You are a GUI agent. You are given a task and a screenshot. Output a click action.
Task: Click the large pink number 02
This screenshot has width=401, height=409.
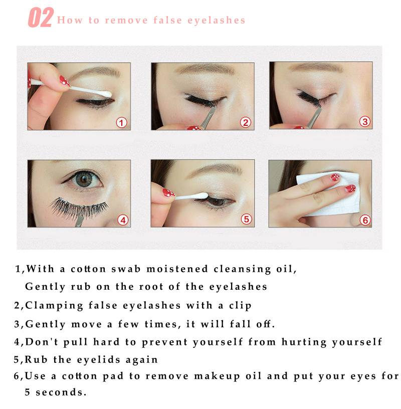click(41, 18)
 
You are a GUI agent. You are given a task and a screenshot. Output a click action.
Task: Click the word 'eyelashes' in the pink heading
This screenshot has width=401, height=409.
click(216, 21)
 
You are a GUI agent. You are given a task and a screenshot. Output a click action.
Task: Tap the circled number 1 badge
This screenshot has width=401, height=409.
click(121, 123)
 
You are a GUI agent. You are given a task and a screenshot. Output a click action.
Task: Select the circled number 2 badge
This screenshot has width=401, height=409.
click(246, 122)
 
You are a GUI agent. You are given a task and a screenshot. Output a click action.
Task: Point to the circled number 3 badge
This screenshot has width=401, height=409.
click(365, 122)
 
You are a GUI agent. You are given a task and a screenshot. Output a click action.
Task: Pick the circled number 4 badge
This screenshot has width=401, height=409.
click(123, 220)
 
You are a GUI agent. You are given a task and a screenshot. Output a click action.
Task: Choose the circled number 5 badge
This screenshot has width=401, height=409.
click(246, 219)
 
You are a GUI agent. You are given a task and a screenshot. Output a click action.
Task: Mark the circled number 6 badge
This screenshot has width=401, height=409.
click(365, 220)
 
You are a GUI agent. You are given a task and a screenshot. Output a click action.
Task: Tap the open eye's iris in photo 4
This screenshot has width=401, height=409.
click(84, 179)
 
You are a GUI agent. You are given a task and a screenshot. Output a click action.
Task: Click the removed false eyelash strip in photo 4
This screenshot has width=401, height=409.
click(79, 208)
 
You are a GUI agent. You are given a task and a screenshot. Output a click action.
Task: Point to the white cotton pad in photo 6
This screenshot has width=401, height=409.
click(329, 194)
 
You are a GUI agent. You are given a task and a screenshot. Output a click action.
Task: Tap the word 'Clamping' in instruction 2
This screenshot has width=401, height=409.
click(54, 306)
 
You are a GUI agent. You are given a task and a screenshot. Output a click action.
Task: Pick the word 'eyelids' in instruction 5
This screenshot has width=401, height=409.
click(99, 360)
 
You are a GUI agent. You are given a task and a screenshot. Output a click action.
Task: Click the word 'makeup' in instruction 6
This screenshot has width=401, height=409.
click(217, 376)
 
